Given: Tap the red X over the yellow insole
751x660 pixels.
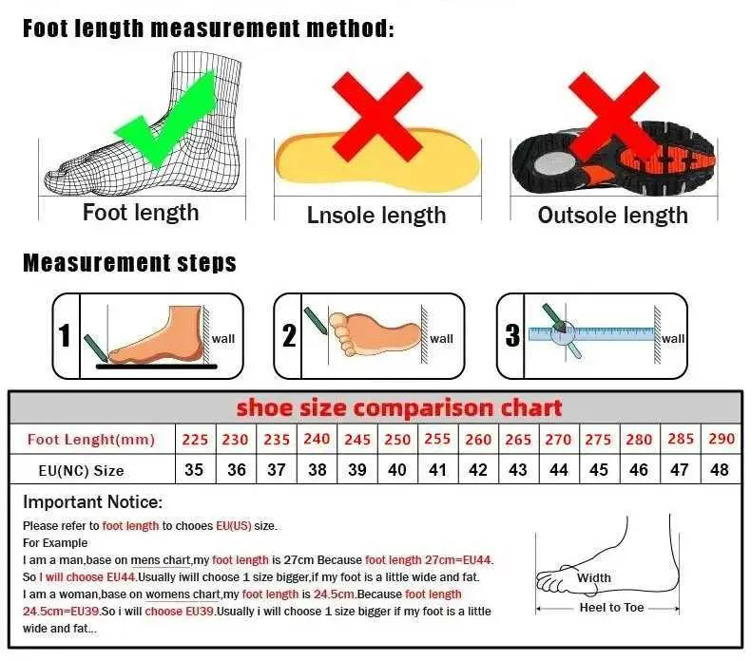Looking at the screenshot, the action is tap(377, 116).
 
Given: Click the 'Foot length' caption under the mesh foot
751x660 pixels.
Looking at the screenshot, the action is tap(141, 213).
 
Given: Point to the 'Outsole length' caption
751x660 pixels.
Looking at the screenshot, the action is tap(612, 216).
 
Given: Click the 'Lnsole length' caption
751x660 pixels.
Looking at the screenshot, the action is tap(376, 216).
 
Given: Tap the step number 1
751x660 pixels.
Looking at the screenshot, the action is tap(65, 335).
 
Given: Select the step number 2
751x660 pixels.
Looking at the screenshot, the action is tap(289, 335).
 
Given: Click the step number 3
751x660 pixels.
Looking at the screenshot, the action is tap(512, 335).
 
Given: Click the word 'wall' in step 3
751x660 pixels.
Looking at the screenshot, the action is tap(673, 339).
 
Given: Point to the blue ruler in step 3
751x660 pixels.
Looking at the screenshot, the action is tap(591, 333).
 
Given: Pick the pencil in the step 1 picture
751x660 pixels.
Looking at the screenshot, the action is tap(96, 349).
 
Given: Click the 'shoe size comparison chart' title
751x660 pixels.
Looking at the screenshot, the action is tap(399, 407).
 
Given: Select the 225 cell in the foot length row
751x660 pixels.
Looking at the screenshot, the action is tap(196, 440).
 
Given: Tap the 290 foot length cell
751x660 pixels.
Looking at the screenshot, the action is tap(722, 439).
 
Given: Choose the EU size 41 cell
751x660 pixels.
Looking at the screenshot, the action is tap(437, 469).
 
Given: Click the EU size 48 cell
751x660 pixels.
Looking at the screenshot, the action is tap(720, 469).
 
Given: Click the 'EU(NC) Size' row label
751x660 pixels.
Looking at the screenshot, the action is tap(81, 471).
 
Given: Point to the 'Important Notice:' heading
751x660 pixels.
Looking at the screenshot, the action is tap(93, 502).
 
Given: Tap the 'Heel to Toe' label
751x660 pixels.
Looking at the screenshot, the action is tap(611, 608).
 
